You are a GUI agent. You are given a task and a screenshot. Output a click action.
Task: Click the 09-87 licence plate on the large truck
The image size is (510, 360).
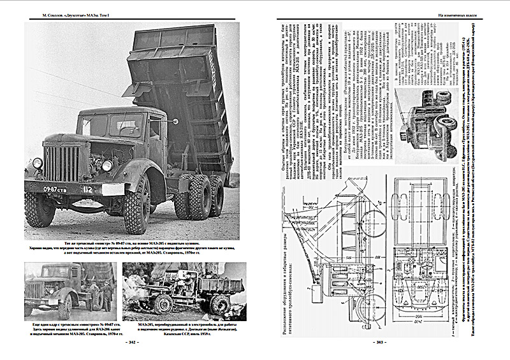tap(53, 189)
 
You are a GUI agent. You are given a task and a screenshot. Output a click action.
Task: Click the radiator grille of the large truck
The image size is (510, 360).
tap(61, 162)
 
